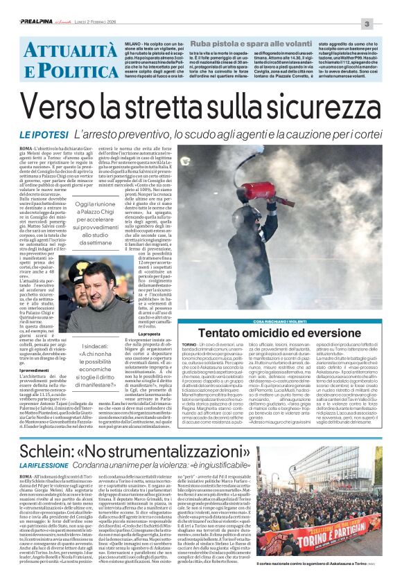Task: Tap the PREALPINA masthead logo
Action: (22, 6)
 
